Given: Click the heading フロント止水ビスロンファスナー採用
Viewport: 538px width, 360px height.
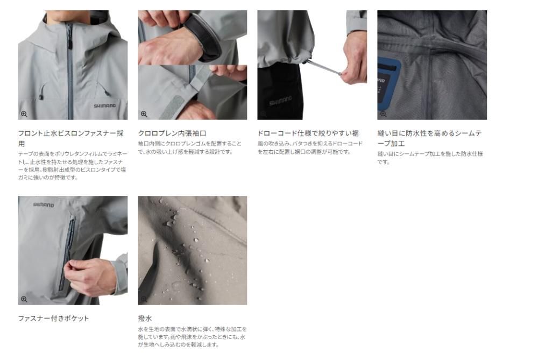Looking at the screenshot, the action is tap(70, 138).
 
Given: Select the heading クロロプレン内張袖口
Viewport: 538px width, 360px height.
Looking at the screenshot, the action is tap(172, 133).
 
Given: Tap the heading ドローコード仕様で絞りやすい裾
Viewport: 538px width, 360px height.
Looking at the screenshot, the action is tap(308, 133).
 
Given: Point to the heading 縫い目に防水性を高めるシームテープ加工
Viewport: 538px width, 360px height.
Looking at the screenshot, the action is tap(429, 138).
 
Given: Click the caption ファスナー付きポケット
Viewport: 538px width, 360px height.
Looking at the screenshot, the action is tap(53, 319).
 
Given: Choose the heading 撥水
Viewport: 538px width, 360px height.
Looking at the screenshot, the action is tap(145, 319).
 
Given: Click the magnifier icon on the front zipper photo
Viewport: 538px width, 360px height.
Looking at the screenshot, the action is tap(24, 114).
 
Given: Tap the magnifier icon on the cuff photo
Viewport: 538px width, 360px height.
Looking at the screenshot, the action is tap(144, 114).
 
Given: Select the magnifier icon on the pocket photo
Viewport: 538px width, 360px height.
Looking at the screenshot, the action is tap(24, 299).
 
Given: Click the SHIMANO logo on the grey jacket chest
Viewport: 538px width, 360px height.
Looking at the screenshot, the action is tap(105, 105).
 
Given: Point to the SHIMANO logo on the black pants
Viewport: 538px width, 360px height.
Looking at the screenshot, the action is tap(280, 101).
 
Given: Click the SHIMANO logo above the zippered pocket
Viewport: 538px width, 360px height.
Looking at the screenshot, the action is tap(44, 205).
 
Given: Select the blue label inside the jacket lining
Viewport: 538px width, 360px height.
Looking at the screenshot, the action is tap(389, 84).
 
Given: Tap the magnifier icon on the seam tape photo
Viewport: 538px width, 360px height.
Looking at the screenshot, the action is tap(383, 114).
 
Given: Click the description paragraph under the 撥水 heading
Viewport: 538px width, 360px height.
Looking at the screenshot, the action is tap(192, 337).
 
